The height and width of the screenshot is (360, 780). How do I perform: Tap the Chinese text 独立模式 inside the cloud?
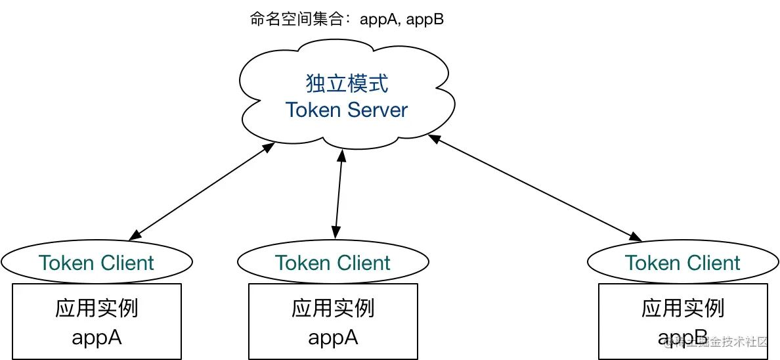click(x=347, y=83)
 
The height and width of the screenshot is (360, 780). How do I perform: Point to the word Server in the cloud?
click(x=378, y=110)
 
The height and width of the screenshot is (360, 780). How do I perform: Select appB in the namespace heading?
click(x=425, y=19)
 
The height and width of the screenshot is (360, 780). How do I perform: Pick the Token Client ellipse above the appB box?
click(x=683, y=263)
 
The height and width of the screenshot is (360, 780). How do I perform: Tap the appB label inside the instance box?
click(x=683, y=337)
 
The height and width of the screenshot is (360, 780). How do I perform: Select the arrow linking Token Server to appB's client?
click(x=535, y=187)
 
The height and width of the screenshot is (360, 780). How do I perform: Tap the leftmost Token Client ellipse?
click(x=97, y=263)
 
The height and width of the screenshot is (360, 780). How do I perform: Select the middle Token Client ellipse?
click(x=333, y=263)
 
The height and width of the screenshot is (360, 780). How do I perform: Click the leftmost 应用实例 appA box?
click(x=97, y=322)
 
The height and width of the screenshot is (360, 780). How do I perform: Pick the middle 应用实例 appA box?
click(x=333, y=322)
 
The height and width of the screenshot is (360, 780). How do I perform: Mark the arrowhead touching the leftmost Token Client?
click(x=135, y=235)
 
